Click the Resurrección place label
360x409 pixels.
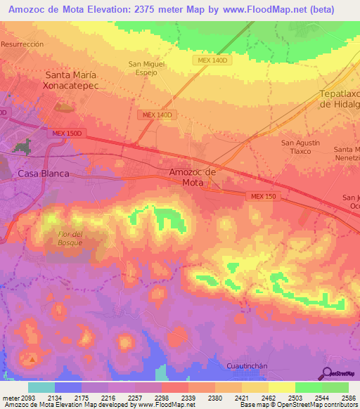click(x=22, y=44)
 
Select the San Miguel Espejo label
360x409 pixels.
click(x=146, y=68)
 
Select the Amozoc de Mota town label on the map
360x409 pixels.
click(x=192, y=177)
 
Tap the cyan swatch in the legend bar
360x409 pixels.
click(x=41, y=387)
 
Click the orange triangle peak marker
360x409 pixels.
click(x=31, y=360)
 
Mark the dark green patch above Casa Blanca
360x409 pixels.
click(x=23, y=147)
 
